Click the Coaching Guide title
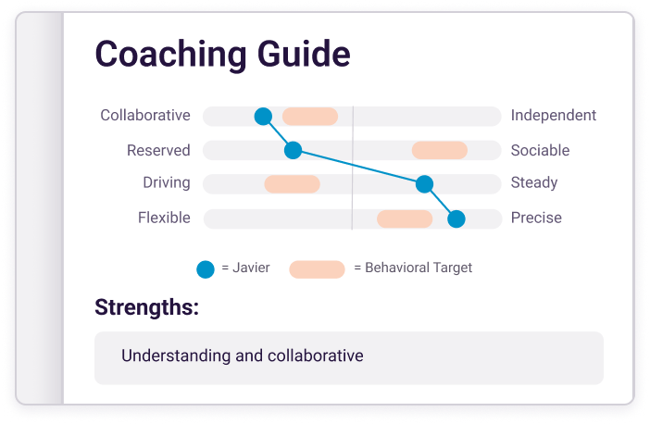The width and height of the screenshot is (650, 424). coord(222,54)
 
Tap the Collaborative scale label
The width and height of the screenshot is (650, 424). coord(145,115)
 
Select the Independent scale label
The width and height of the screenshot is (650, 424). coord(554,115)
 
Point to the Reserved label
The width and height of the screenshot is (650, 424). coord(158,150)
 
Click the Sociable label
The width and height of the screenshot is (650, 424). coord(540,150)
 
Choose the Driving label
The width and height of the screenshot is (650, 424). coord(167,182)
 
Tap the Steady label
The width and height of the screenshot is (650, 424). coord(534,182)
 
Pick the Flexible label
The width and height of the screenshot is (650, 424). coord(164,218)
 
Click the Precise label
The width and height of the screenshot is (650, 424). coord(536,218)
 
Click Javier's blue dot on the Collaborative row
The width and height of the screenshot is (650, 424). coord(263,116)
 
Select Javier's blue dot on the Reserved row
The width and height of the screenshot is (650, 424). coord(294,150)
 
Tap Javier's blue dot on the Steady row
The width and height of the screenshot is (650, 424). coord(424,184)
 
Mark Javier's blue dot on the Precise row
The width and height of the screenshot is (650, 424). coord(456,218)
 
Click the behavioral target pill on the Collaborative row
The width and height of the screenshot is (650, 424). coord(310,117)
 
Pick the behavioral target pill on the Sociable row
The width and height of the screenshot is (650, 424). coord(440,150)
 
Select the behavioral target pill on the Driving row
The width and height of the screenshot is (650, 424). coord(293,184)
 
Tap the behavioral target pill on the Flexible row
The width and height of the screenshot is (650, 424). coord(405,218)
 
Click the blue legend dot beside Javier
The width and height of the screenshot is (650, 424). coord(206,269)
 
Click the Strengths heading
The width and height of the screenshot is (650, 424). coord(146,307)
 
